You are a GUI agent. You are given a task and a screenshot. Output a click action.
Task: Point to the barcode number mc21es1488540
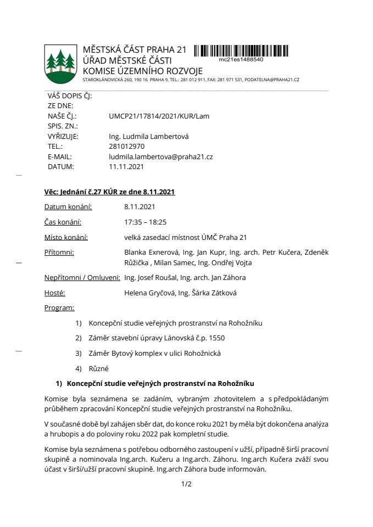coord(241,59)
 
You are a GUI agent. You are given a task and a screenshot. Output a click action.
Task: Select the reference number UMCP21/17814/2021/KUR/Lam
coord(159,116)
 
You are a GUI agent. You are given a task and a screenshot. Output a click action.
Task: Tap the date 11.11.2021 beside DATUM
coord(126,166)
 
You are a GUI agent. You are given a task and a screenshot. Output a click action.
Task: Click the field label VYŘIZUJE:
coord(63,137)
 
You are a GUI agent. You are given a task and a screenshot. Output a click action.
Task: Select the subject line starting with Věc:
coord(109,192)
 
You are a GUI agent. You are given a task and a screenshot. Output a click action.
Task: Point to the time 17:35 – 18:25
coord(146,222)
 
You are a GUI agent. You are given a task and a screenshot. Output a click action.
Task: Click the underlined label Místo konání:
coord(66,237)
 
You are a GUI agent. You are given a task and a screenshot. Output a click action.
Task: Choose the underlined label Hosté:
coord(54,293)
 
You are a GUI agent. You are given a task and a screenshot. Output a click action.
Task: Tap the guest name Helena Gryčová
coord(148,293)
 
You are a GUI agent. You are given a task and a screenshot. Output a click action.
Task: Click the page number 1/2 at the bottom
coord(186,484)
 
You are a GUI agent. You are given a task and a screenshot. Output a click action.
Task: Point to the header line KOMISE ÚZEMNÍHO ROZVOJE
coord(142,71)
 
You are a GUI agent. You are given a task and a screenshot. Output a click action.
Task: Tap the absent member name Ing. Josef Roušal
coord(149,278)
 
